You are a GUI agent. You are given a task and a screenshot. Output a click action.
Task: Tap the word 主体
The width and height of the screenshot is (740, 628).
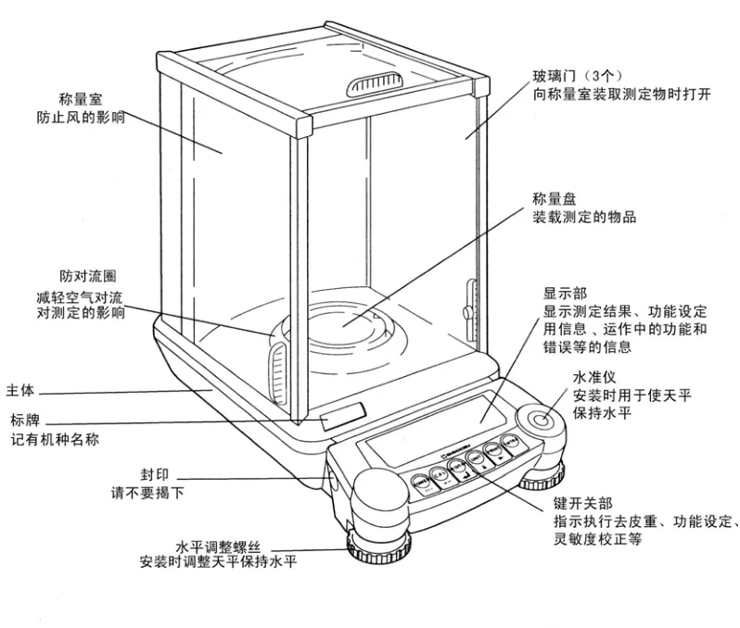20,390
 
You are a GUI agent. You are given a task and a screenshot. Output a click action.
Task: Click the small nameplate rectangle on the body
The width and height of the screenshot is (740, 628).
341,417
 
